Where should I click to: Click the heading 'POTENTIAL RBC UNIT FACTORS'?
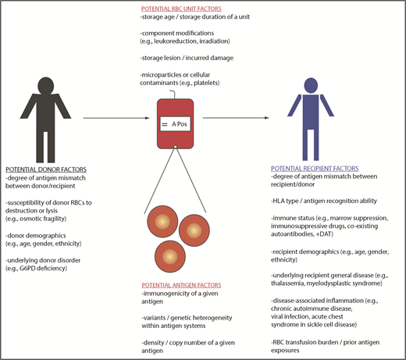pyautogui.click(x=202, y=7)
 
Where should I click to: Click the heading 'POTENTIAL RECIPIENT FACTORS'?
pyautogui.click(x=312, y=169)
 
